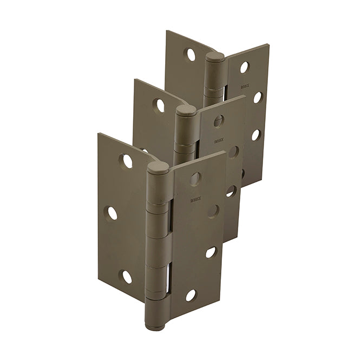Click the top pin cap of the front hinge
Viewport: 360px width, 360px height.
click(158, 167)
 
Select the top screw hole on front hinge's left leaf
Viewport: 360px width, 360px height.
click(127, 161)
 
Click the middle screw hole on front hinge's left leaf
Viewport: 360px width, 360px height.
click(112, 213)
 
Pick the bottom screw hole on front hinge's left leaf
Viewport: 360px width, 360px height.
click(126, 277)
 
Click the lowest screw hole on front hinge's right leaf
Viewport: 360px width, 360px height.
click(191, 295)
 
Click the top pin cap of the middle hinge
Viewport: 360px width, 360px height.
click(186, 110)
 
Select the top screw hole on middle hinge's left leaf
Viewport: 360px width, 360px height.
click(160, 104)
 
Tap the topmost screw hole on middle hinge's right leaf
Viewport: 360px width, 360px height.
click(219, 120)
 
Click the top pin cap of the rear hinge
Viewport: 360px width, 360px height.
click(214, 56)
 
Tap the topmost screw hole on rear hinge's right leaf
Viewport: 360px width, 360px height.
click(244, 67)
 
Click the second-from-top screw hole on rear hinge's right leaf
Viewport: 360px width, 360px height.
click(258, 97)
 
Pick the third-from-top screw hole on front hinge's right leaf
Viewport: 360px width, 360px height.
click(210, 252)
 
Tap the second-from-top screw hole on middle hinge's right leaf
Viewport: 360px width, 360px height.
click(233, 152)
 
